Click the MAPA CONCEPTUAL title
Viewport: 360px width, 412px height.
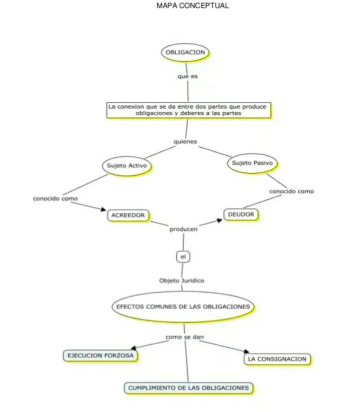click(x=192, y=5)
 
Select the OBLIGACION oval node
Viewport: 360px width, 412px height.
click(x=185, y=52)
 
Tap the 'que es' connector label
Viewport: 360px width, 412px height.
click(x=187, y=76)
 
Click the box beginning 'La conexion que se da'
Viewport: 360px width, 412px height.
click(x=188, y=110)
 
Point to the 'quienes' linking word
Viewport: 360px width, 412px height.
click(x=185, y=141)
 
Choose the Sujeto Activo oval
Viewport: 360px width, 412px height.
click(x=127, y=165)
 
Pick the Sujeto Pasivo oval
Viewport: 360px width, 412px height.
click(x=252, y=163)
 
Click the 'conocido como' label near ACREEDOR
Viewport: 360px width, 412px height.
click(x=55, y=198)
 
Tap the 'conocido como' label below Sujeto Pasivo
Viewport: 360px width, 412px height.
click(x=291, y=191)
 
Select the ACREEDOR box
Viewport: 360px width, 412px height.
click(x=128, y=215)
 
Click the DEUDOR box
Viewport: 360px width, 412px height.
click(x=241, y=214)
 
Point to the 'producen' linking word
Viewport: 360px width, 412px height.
click(x=183, y=229)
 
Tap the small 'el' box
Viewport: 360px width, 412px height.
click(x=183, y=256)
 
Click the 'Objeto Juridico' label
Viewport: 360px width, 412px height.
click(x=181, y=280)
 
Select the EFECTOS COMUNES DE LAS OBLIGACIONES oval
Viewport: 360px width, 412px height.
click(x=183, y=306)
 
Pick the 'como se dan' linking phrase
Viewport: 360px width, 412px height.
click(x=184, y=337)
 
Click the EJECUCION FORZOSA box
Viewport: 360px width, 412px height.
click(x=100, y=356)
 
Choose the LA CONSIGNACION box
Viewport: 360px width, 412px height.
click(x=277, y=359)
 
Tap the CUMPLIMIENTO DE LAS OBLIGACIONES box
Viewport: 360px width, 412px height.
click(x=188, y=388)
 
